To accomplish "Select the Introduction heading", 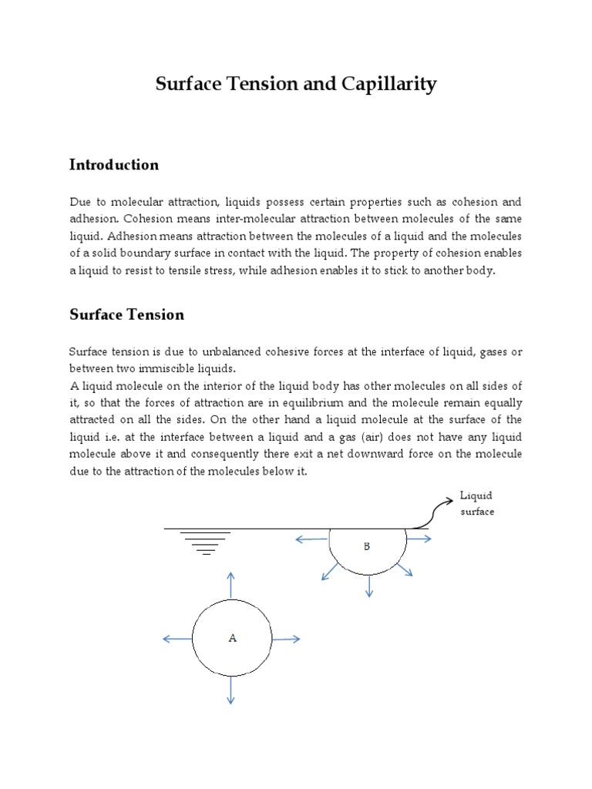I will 114,165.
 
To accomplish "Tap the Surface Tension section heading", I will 127,314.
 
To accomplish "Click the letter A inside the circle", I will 232,638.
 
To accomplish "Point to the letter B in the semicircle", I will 367,546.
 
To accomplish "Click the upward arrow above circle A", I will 231,585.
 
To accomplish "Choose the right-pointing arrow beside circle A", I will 286,639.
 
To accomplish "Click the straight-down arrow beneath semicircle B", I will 369,586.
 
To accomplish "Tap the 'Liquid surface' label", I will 476,503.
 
